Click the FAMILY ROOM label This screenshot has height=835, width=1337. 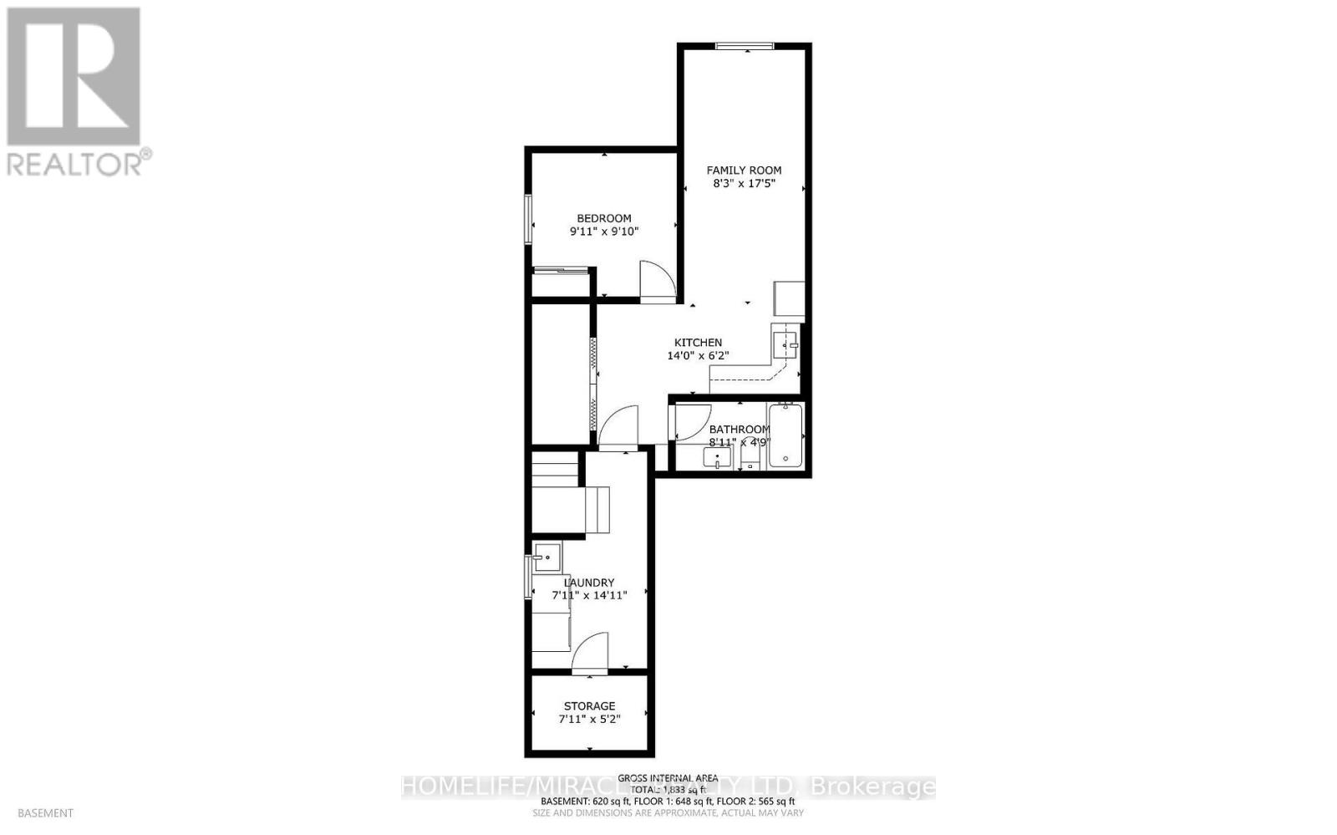[x=744, y=171]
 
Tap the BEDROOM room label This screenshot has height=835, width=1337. [x=603, y=219]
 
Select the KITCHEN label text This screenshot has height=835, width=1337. [x=698, y=343]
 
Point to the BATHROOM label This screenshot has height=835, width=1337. [x=740, y=430]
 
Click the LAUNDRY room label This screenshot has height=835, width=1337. [x=589, y=583]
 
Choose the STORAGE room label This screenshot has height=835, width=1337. [x=589, y=706]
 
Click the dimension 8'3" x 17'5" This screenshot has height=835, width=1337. [x=744, y=184]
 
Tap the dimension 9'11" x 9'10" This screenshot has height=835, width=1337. [x=603, y=232]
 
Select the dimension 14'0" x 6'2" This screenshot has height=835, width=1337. [x=698, y=356]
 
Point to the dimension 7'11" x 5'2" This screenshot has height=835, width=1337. [x=589, y=719]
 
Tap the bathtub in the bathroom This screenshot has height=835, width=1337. [x=785, y=435]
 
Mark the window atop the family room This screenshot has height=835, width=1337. [x=744, y=47]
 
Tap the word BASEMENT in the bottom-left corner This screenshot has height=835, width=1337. [x=45, y=812]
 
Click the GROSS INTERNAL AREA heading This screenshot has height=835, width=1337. [x=668, y=778]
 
